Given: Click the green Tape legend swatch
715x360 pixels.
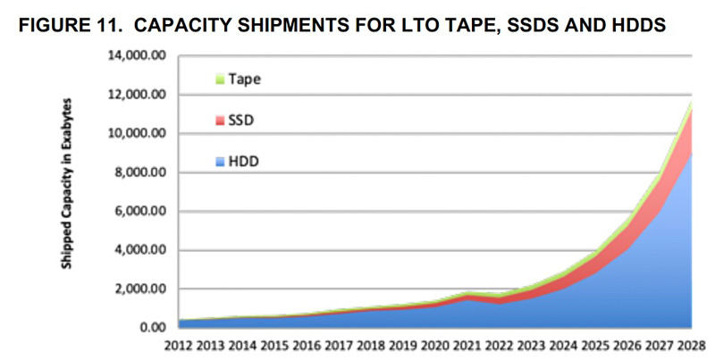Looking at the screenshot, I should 220,80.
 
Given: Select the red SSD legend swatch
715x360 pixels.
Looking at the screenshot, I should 220,120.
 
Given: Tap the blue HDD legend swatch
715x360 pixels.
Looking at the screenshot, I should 220,161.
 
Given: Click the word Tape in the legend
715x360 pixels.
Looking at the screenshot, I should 244,80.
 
